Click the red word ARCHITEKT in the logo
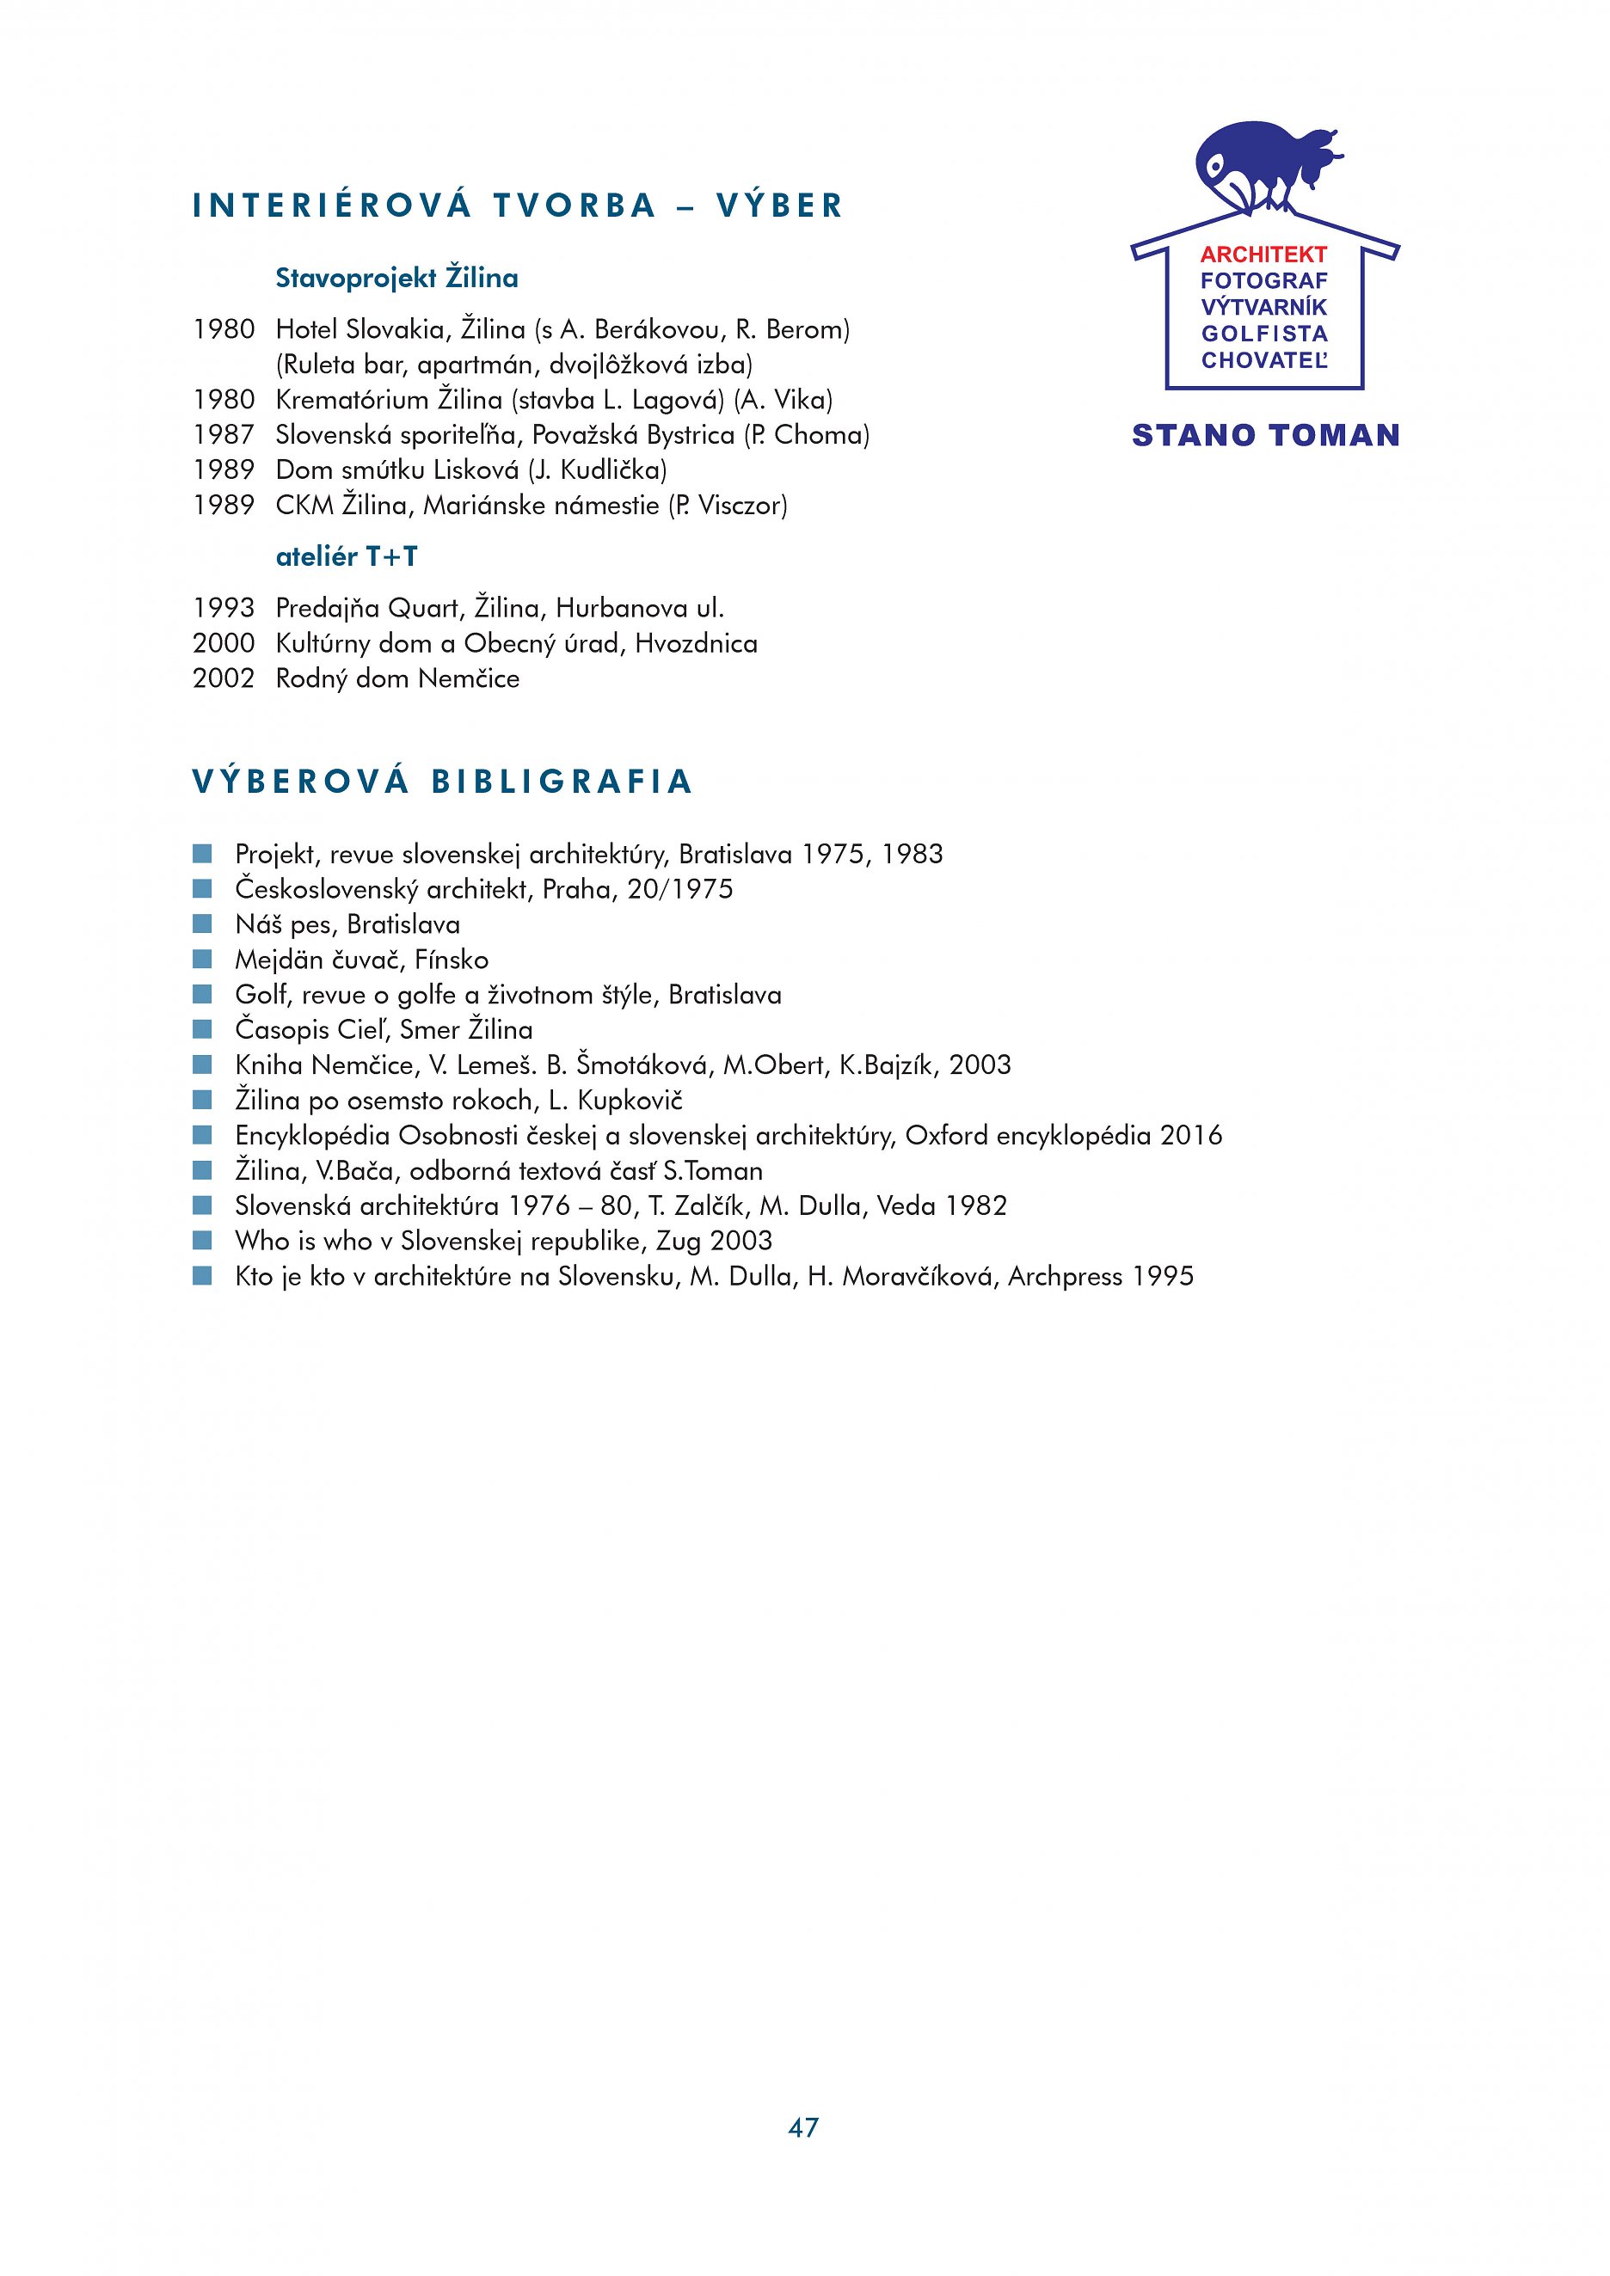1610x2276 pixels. click(1263, 255)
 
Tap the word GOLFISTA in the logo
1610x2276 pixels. click(1264, 334)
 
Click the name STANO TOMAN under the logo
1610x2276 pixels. click(1266, 435)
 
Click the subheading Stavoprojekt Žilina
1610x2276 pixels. click(396, 278)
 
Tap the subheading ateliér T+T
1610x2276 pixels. click(347, 557)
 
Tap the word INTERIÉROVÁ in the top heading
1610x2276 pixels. click(332, 206)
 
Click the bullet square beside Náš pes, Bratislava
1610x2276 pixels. click(202, 923)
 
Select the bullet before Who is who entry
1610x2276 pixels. click(202, 1240)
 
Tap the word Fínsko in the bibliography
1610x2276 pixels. click(451, 960)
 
